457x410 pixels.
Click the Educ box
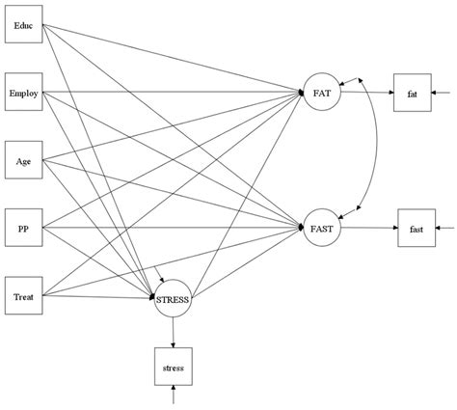pyautogui.click(x=23, y=24)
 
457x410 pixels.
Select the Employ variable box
pyautogui.click(x=23, y=92)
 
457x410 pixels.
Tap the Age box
pyautogui.click(x=23, y=160)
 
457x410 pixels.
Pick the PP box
pyautogui.click(x=23, y=228)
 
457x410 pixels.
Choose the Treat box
pyautogui.click(x=23, y=295)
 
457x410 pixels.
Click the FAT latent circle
pyautogui.click(x=322, y=92)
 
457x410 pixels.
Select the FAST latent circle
pyautogui.click(x=322, y=228)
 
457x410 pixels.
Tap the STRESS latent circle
pyautogui.click(x=173, y=298)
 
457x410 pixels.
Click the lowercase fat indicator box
pyautogui.click(x=413, y=93)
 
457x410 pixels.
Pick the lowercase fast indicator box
pyautogui.click(x=417, y=228)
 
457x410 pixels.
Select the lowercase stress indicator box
pyautogui.click(x=174, y=367)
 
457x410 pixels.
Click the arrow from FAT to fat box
pyautogui.click(x=367, y=93)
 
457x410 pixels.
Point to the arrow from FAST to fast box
pyautogui.click(x=369, y=228)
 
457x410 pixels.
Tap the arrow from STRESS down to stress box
pyautogui.click(x=173, y=332)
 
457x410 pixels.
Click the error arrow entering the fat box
pyautogui.click(x=441, y=93)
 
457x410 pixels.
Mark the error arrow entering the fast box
pyautogui.click(x=444, y=228)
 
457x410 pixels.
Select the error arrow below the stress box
pyautogui.click(x=174, y=395)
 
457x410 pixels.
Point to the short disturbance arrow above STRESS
pyautogui.click(x=159, y=274)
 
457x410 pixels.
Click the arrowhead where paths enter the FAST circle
pyautogui.click(x=301, y=228)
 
